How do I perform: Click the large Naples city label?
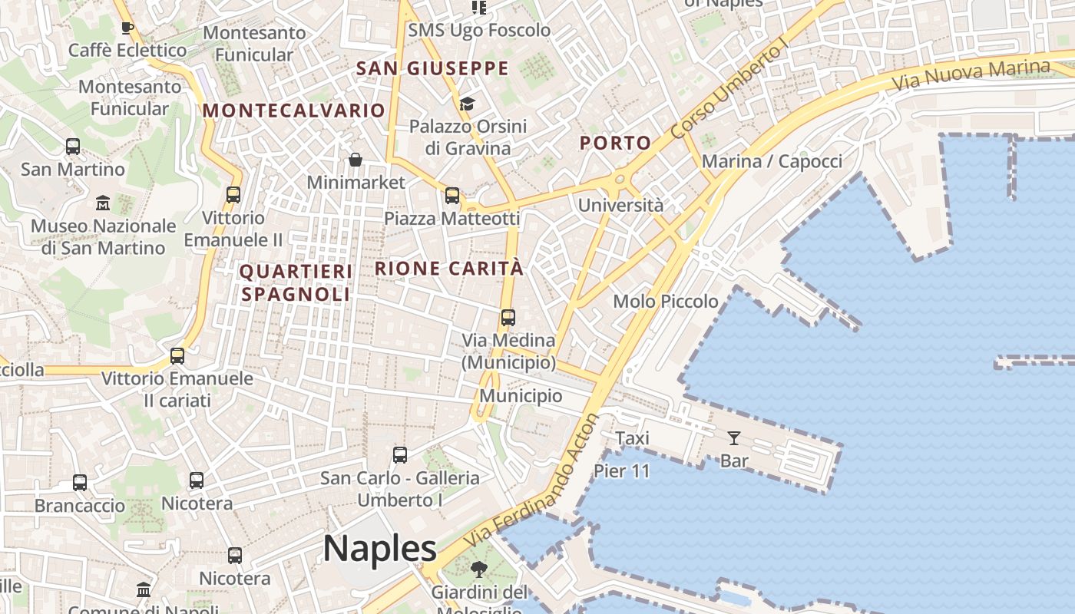click(379, 549)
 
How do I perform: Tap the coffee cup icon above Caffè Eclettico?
click(127, 28)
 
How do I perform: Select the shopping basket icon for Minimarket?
click(356, 160)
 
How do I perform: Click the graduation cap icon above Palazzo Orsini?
click(467, 104)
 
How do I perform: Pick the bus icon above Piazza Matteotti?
click(452, 196)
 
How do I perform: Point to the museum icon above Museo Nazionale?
click(103, 203)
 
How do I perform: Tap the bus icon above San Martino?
click(73, 146)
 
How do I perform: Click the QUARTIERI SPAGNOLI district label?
click(296, 282)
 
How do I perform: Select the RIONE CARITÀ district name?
click(449, 269)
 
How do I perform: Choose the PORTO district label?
click(615, 143)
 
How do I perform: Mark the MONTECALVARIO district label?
click(293, 111)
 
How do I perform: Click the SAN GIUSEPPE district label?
click(432, 68)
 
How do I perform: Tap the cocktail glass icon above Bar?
click(734, 438)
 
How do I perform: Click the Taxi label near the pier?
click(632, 438)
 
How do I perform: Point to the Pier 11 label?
click(622, 470)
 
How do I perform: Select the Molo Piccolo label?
click(666, 302)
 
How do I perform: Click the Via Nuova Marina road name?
click(971, 74)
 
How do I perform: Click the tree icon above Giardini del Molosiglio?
click(479, 569)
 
